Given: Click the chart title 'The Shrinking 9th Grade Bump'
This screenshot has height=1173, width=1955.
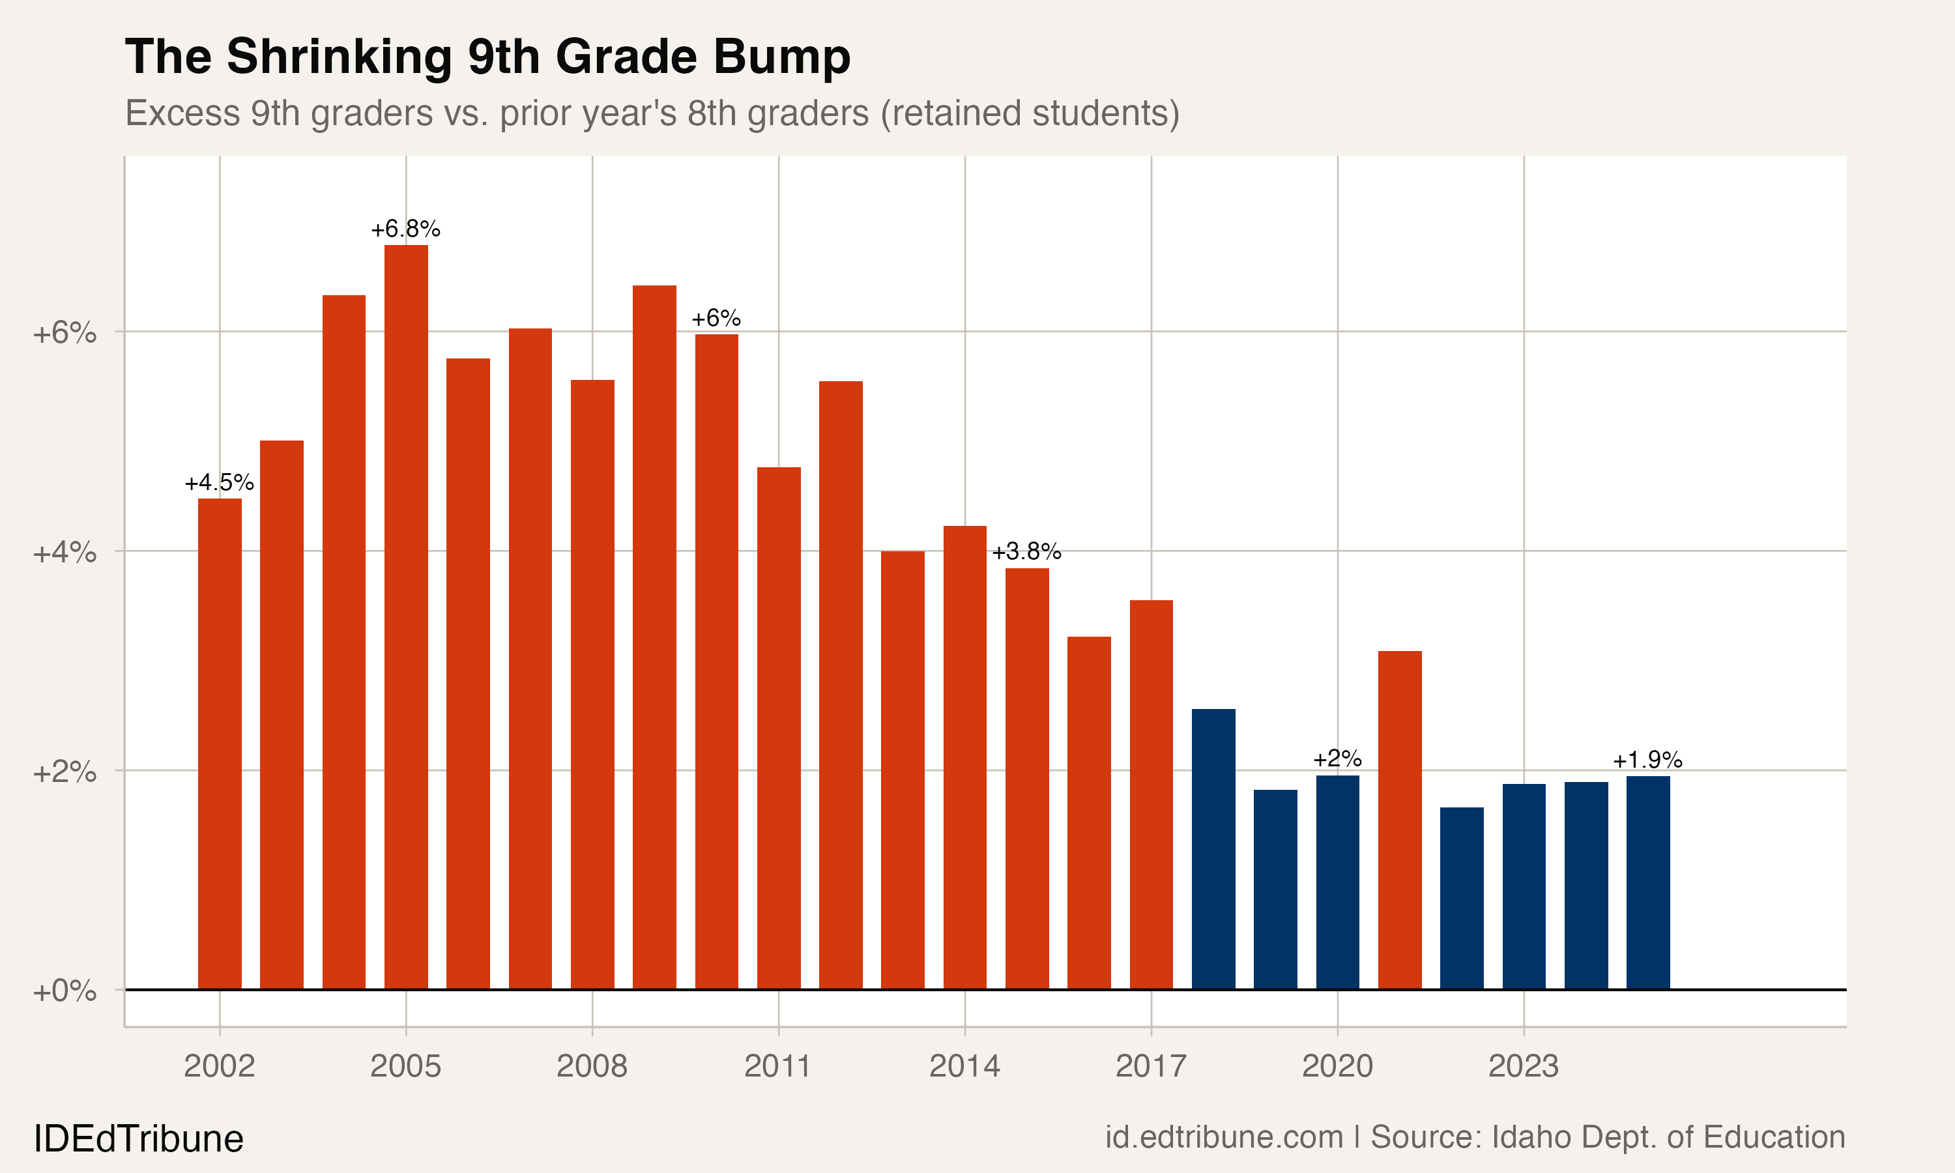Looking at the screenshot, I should coord(487,57).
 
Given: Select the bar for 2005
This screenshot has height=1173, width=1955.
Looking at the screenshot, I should coord(406,616).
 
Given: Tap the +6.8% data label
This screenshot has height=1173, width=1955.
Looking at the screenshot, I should coord(405,229).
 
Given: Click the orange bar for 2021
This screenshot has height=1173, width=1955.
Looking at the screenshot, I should coord(1400,820).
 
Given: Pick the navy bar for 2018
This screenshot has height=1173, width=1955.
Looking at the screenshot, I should coord(1213,849).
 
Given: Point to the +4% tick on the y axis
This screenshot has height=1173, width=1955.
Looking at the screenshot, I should coord(65,553).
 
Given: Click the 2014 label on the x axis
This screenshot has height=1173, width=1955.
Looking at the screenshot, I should coord(964,1066).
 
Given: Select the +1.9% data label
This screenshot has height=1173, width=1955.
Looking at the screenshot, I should coord(1647,760).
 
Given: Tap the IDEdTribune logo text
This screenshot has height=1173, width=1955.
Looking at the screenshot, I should coord(138,1139).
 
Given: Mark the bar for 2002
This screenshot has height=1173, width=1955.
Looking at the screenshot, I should coord(220,743).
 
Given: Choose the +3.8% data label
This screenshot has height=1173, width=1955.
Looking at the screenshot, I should coord(1026,552).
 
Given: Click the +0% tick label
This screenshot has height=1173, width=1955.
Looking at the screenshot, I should coord(65,991).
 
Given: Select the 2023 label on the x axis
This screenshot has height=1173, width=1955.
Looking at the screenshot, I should coord(1523,1066).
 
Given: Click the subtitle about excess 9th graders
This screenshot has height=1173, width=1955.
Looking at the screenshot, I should coord(652,113).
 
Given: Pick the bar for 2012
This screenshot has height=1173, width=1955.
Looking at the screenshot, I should coord(841,684).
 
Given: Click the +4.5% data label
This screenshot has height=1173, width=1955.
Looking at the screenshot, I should coord(219,483).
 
